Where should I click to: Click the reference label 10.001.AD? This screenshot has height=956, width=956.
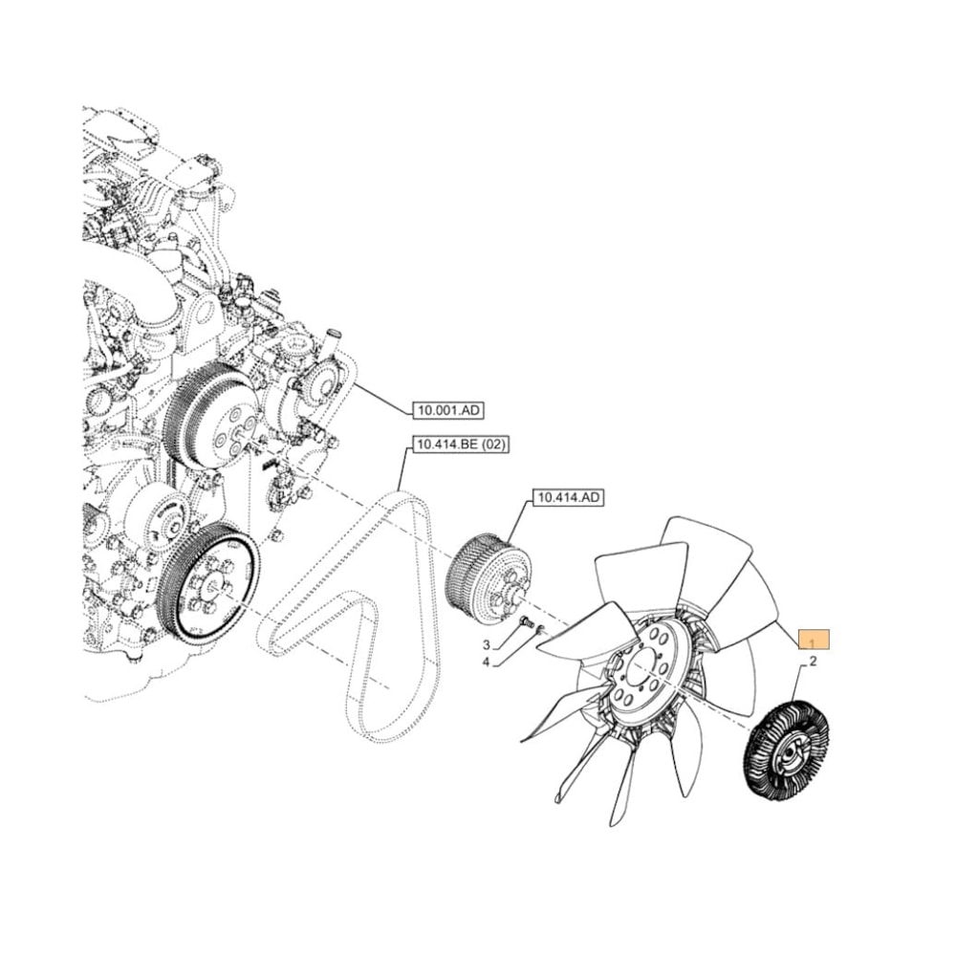click(x=448, y=411)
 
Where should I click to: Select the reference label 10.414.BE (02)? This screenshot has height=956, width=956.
click(x=457, y=445)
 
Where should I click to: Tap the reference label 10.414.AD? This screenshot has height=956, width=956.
click(x=568, y=498)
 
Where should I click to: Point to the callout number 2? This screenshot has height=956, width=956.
click(x=813, y=662)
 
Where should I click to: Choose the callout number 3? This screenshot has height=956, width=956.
click(x=486, y=645)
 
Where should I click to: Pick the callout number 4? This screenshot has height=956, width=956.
click(x=486, y=662)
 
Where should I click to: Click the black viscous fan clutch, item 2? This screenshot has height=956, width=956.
click(x=786, y=750)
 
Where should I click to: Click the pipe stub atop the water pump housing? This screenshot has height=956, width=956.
click(x=332, y=339)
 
